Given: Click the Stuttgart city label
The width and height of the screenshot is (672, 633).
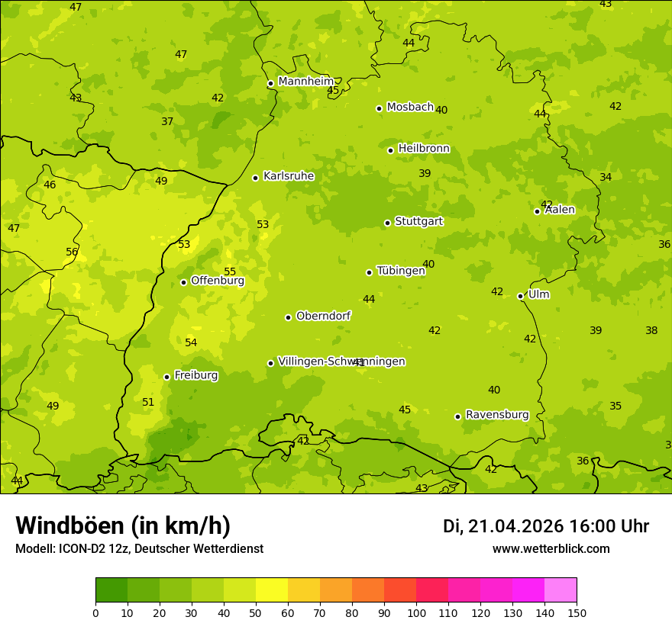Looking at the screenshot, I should tap(418, 222).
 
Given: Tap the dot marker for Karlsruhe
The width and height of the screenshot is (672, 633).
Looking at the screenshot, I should tap(255, 178).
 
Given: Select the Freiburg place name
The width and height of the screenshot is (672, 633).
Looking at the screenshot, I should tap(195, 375).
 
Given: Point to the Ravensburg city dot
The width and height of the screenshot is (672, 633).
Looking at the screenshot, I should tap(457, 416).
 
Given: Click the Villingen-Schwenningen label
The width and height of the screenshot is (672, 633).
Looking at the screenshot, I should tap(341, 361).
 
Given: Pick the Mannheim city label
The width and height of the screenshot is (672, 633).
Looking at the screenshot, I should tap(305, 82).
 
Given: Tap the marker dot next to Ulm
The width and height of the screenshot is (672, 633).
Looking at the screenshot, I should tap(520, 296).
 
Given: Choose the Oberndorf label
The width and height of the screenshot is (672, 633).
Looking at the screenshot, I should tap(323, 316).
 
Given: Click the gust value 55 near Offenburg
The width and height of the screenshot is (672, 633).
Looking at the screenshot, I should tap(230, 272).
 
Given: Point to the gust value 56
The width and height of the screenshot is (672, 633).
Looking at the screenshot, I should tap(72, 252).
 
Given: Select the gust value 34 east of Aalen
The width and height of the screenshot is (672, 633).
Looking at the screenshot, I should tap(606, 177).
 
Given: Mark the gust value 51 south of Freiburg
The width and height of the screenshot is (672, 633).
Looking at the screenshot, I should tap(148, 402).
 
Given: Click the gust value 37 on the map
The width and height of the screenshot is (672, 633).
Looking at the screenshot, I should tap(167, 121).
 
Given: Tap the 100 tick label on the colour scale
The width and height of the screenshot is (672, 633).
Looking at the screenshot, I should tap(416, 612).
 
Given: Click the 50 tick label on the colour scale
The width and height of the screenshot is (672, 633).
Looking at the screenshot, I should tap(256, 612).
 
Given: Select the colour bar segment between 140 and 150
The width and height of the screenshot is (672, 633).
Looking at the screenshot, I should tap(561, 590).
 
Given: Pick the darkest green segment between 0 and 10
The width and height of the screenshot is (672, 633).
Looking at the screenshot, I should tap(111, 590).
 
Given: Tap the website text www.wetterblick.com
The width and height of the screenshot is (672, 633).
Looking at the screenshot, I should tap(551, 548).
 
